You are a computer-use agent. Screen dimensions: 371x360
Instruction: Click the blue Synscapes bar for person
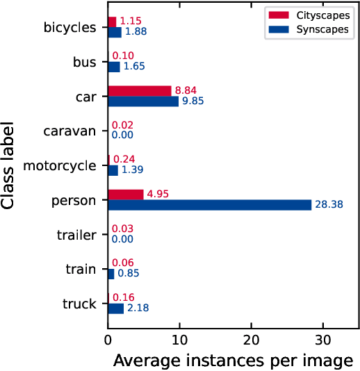point(209,204)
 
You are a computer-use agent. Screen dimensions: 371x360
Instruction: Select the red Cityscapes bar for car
point(139,90)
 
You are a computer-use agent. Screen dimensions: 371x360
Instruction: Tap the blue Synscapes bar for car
point(142,101)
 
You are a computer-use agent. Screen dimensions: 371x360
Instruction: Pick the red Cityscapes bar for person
point(125,195)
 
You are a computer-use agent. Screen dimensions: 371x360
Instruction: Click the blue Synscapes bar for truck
point(115,308)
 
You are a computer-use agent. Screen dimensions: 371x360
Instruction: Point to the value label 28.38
point(329,205)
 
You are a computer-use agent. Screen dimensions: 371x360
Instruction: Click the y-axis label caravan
point(69,131)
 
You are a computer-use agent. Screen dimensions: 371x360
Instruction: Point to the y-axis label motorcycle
point(60,165)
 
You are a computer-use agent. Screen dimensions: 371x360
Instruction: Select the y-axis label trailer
point(76,235)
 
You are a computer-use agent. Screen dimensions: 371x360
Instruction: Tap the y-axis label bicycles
point(69,27)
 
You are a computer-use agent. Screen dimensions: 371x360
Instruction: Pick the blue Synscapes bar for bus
point(114,67)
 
